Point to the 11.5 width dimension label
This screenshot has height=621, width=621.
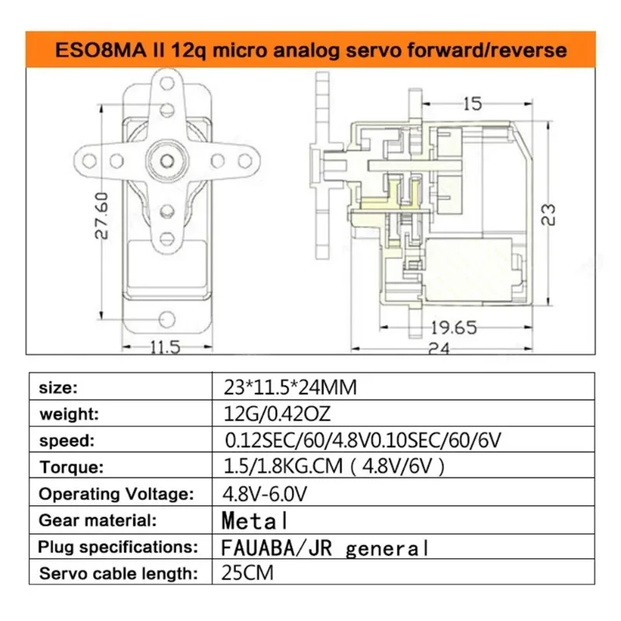[x=165, y=347]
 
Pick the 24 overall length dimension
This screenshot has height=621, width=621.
[x=439, y=349]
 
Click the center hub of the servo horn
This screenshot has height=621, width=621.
[x=166, y=159]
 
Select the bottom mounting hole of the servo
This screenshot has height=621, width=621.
[x=166, y=319]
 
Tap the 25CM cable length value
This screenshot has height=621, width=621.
[x=245, y=574]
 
